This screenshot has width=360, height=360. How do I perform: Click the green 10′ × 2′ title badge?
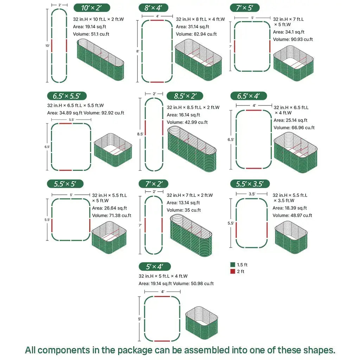click(91, 8)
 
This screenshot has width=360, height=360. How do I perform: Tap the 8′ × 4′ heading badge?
click(153, 8)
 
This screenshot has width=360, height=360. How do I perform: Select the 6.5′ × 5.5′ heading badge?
click(67, 96)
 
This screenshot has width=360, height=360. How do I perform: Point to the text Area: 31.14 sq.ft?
click(192, 27)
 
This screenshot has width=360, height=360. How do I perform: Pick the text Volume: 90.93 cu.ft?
click(292, 39)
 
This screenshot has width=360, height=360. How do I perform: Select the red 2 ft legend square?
click(232, 271)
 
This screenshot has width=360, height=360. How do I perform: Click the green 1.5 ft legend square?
click(232, 265)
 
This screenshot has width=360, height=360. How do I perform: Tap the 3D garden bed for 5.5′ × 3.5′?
click(291, 238)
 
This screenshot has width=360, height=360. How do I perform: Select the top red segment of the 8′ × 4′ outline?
click(157, 20)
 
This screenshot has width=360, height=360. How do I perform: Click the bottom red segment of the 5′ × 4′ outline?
click(162, 341)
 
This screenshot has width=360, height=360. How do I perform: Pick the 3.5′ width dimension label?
click(252, 194)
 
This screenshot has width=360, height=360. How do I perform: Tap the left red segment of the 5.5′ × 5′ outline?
click(52, 225)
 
